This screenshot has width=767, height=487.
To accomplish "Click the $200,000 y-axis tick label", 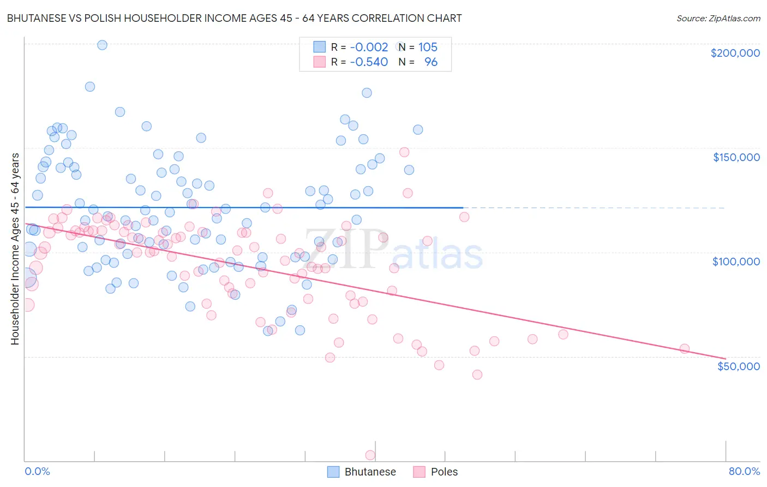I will [735, 53].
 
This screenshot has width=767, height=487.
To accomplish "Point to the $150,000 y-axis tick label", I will [736, 157].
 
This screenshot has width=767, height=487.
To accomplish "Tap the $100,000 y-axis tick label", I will [736, 262].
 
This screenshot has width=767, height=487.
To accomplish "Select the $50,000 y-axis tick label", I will [738, 366].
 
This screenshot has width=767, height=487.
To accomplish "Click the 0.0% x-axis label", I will [37, 471].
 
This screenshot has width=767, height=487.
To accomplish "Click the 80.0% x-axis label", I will [744, 471].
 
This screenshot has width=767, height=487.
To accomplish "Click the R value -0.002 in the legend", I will [369, 47].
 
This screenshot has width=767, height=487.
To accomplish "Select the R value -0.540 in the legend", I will [369, 62].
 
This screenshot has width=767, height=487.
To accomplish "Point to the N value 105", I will [428, 47].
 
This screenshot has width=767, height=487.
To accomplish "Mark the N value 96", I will [431, 62].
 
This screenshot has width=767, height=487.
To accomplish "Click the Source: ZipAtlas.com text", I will [718, 19].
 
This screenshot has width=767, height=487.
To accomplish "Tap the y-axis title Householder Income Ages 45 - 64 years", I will [15, 249].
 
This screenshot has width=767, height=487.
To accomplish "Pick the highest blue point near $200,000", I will [102, 45].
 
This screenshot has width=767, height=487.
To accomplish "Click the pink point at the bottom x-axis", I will [370, 455].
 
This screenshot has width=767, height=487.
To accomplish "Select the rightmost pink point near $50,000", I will [684, 349].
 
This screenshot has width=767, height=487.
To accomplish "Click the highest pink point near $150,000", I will [404, 152].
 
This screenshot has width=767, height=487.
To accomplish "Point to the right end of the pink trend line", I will [726, 359].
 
